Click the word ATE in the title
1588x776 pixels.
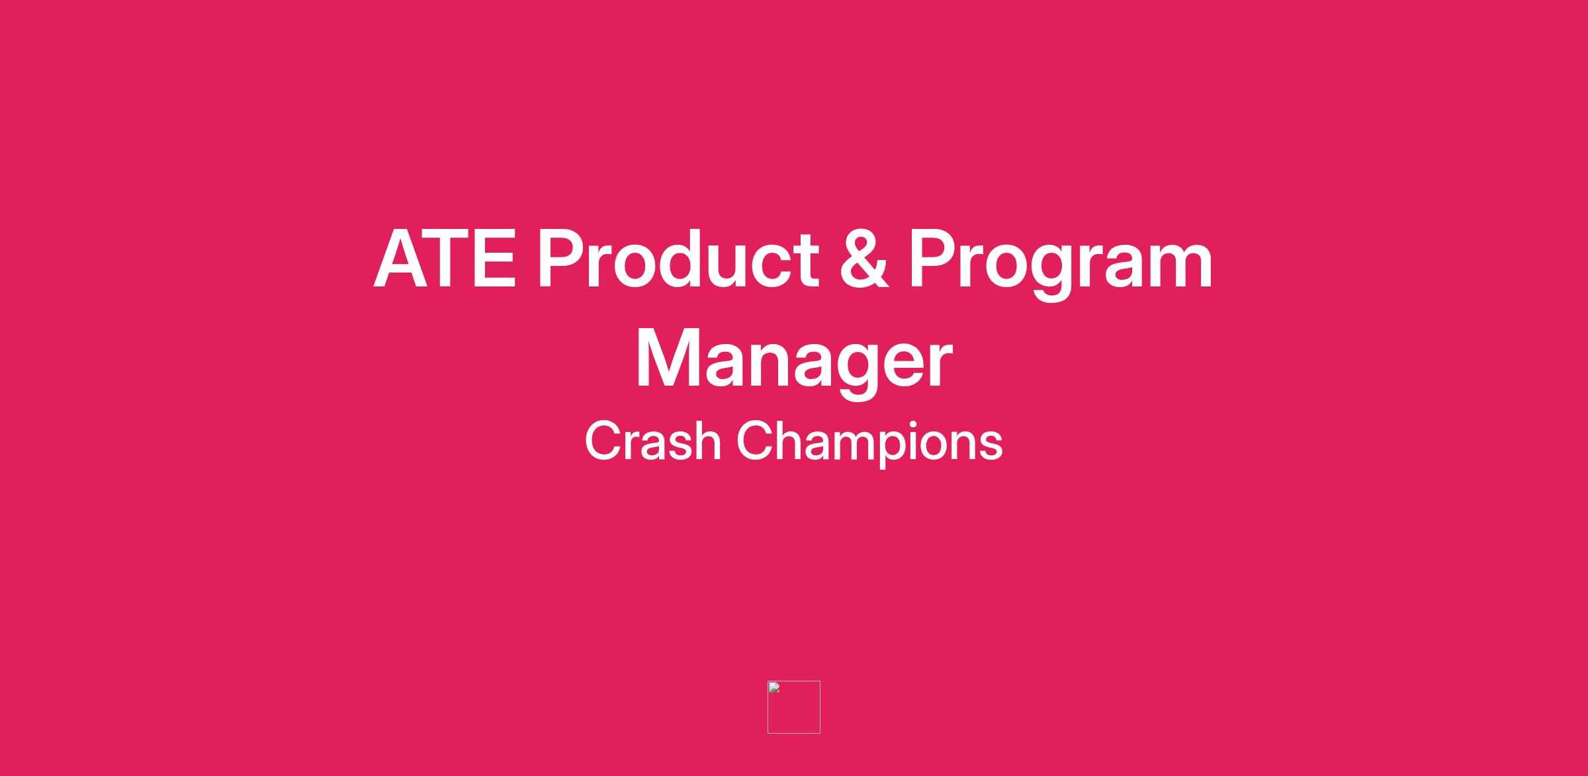(x=445, y=259)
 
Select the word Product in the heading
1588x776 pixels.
(x=678, y=259)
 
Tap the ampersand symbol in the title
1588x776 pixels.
(x=864, y=259)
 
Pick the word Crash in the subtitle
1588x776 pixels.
(x=652, y=441)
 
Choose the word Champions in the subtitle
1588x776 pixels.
(x=869, y=444)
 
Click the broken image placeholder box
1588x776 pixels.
(x=794, y=707)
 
